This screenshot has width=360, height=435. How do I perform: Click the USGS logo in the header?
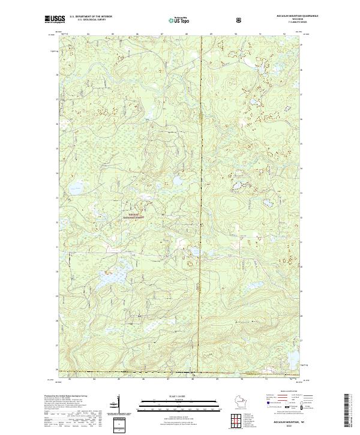55,19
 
